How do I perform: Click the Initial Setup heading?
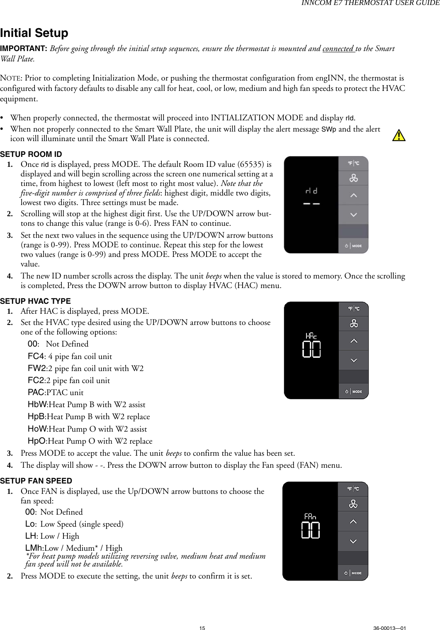(x=34, y=33)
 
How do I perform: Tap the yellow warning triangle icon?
(x=399, y=135)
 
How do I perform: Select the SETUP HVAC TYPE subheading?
(x=35, y=301)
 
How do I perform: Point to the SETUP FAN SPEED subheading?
(x=36, y=481)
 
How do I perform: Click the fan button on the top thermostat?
(x=353, y=179)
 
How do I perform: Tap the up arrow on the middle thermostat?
(x=353, y=341)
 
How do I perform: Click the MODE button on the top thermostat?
(x=353, y=246)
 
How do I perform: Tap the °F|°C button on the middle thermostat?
(x=353, y=308)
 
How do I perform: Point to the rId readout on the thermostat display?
(x=311, y=191)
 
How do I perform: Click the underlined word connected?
(x=338, y=49)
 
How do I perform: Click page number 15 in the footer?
(x=202, y=625)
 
